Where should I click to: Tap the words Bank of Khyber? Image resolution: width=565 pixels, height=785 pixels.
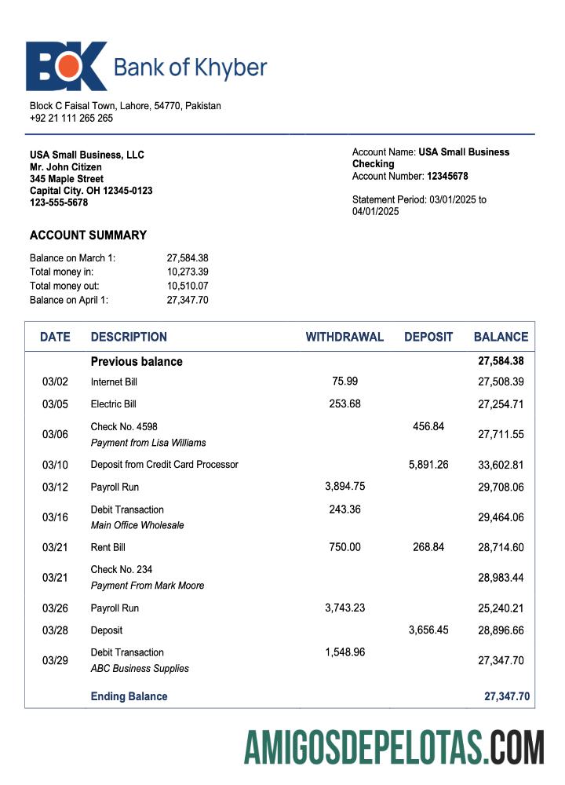pyautogui.click(x=190, y=68)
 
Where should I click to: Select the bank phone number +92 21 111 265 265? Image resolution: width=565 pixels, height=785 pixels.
pyautogui.click(x=71, y=118)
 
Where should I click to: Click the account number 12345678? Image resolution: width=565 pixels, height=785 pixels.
pyautogui.click(x=447, y=176)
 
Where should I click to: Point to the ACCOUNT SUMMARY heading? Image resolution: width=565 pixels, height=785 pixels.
pyautogui.click(x=88, y=235)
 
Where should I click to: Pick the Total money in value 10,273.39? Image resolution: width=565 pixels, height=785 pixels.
pyautogui.click(x=188, y=272)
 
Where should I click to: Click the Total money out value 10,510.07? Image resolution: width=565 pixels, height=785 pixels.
pyautogui.click(x=188, y=286)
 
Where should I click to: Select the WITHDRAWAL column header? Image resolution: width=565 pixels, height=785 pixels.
pyautogui.click(x=344, y=337)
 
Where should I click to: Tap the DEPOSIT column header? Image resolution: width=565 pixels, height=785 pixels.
pyautogui.click(x=428, y=337)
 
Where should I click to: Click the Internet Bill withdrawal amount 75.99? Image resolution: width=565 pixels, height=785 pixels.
pyautogui.click(x=344, y=381)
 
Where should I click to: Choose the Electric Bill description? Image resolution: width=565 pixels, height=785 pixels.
pyautogui.click(x=114, y=404)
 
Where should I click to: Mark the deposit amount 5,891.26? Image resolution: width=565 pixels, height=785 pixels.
pyautogui.click(x=428, y=464)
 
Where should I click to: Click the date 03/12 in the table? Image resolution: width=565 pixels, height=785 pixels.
pyautogui.click(x=55, y=487)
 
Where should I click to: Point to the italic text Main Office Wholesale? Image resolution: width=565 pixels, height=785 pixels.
pyautogui.click(x=137, y=525)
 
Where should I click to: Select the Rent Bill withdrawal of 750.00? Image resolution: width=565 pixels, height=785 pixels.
pyautogui.click(x=344, y=547)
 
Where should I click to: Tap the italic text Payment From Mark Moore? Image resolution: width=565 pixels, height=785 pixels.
pyautogui.click(x=148, y=586)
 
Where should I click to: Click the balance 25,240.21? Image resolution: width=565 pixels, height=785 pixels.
pyautogui.click(x=501, y=608)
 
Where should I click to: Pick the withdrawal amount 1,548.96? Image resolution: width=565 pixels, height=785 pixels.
pyautogui.click(x=344, y=652)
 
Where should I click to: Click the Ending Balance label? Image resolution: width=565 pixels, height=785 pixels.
pyautogui.click(x=129, y=696)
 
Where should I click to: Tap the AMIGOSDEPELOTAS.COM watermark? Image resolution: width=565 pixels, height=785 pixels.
pyautogui.click(x=394, y=747)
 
